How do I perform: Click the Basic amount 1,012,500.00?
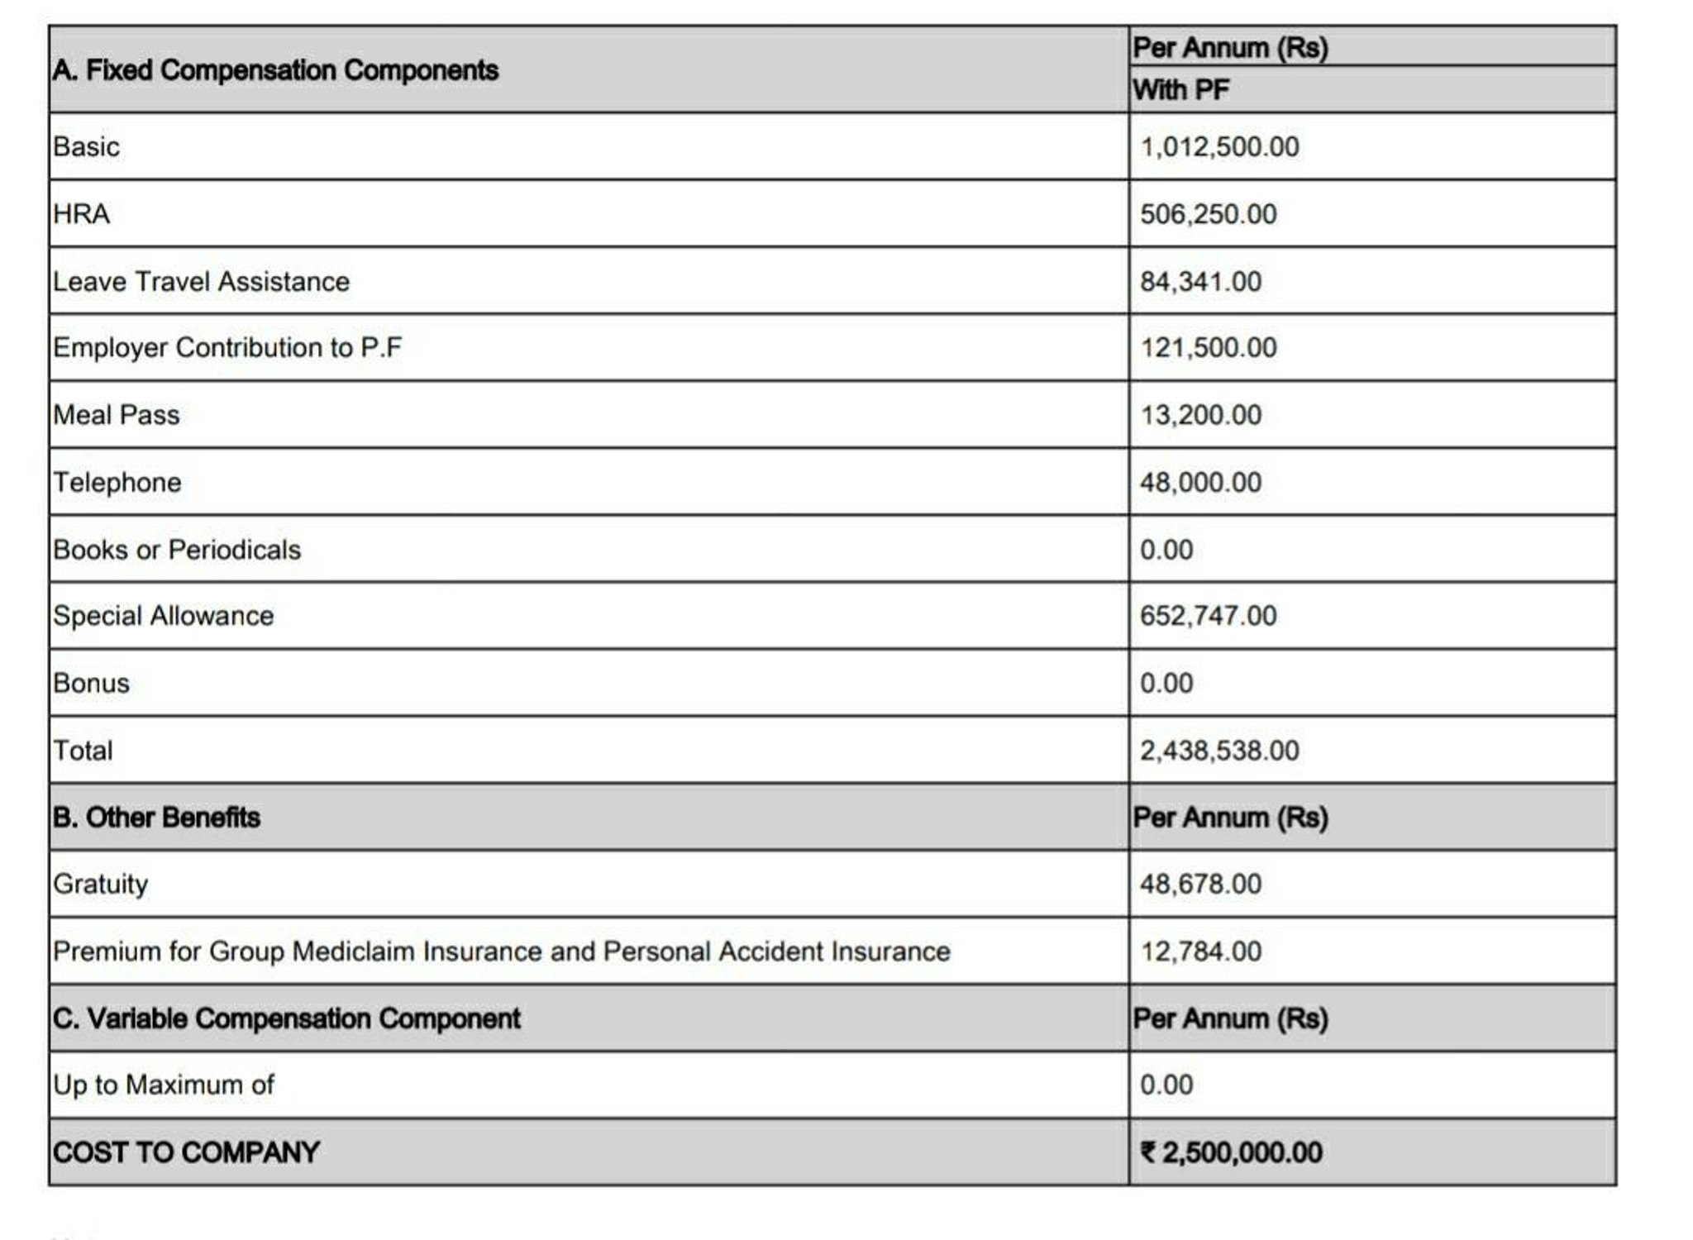pyautogui.click(x=1219, y=147)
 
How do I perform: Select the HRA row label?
pyautogui.click(x=81, y=214)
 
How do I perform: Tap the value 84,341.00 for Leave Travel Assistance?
pyautogui.click(x=1200, y=282)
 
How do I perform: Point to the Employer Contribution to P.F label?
pyautogui.click(x=227, y=348)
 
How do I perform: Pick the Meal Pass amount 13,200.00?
pyautogui.click(x=1200, y=415)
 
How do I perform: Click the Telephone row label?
pyautogui.click(x=117, y=483)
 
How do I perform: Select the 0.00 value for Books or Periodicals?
pyautogui.click(x=1166, y=550)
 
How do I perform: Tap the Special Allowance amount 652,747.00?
pyautogui.click(x=1208, y=616)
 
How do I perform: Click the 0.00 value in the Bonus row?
pyautogui.click(x=1166, y=684)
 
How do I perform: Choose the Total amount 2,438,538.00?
pyautogui.click(x=1219, y=751)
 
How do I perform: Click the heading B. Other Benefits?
pyautogui.click(x=156, y=818)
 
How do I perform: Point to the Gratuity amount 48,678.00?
pyautogui.click(x=1200, y=885)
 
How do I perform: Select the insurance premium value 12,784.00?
pyautogui.click(x=1200, y=951)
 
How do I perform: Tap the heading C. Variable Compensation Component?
pyautogui.click(x=286, y=1018)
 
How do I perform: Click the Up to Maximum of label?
pyautogui.click(x=163, y=1085)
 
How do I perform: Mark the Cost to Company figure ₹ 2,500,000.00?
pyautogui.click(x=1231, y=1152)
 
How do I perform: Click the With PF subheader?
pyautogui.click(x=1180, y=89)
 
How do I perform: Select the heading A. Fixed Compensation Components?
pyautogui.click(x=275, y=70)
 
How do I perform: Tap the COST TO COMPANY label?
pyautogui.click(x=186, y=1152)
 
